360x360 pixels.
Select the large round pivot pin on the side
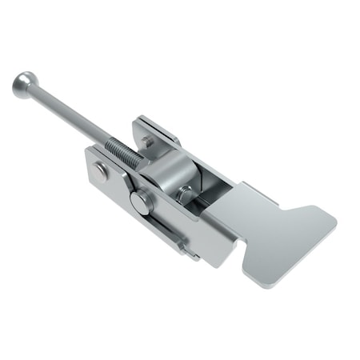coord(141,202)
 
